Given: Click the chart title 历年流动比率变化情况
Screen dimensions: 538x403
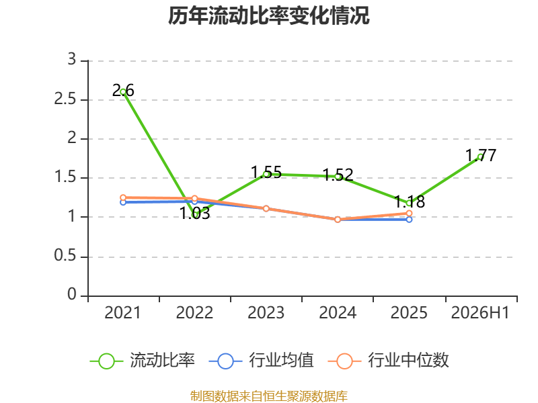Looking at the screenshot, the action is (x=268, y=15).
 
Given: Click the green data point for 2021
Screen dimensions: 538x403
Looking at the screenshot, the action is (x=123, y=92).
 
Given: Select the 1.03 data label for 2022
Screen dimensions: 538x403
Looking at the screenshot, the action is (x=195, y=213).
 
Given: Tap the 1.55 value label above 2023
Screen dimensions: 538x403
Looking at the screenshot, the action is (x=266, y=172).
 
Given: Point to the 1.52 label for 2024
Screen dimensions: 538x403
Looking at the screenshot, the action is (x=338, y=175).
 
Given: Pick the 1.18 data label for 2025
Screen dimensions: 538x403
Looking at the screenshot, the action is (x=410, y=201).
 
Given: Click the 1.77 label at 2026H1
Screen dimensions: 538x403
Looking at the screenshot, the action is (x=481, y=156).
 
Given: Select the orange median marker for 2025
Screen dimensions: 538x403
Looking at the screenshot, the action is (x=409, y=214).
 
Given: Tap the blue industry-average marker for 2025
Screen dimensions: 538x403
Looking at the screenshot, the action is (x=409, y=220).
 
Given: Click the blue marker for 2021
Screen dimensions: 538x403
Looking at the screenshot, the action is (x=123, y=203).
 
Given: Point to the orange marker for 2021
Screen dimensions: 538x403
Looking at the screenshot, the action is (x=123, y=197).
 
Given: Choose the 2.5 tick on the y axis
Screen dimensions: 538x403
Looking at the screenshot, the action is (x=65, y=99).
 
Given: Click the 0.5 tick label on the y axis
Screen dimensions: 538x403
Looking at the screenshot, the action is (x=65, y=256).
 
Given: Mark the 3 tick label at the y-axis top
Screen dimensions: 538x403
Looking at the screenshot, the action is (x=72, y=60).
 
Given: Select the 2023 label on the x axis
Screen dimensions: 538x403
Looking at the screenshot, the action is (x=266, y=313).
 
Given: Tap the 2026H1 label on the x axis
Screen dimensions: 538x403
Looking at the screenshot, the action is (x=480, y=313).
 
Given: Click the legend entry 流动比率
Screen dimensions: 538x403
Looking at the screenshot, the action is (x=143, y=361).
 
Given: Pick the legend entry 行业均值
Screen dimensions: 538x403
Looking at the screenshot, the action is (x=261, y=361).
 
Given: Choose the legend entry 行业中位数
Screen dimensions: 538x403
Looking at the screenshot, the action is (x=389, y=361).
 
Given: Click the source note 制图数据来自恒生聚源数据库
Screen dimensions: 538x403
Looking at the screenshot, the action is (x=269, y=396).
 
